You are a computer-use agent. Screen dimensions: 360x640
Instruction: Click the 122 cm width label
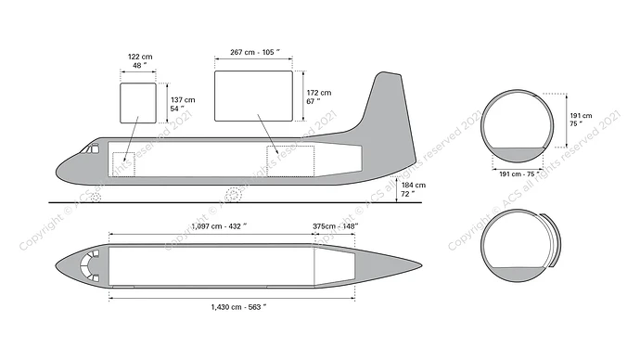point(139,61)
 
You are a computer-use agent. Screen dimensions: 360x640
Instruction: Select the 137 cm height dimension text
point(183,104)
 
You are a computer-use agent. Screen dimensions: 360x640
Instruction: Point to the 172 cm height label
point(319,97)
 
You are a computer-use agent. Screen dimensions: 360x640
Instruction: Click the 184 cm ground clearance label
point(414,189)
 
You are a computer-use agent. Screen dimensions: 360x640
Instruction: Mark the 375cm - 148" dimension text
point(336,225)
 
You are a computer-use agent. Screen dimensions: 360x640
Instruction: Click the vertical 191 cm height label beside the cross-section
point(581,121)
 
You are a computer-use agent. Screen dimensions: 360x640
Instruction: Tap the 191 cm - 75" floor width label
point(518,173)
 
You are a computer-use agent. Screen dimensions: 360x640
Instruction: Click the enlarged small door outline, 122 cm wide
point(138,103)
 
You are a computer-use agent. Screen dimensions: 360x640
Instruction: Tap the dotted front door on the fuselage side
point(123,163)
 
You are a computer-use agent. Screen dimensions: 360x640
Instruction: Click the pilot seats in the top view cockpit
point(90,264)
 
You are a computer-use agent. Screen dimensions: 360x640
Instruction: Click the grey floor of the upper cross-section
point(517,156)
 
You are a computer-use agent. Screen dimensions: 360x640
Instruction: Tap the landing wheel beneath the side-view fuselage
point(234,194)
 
